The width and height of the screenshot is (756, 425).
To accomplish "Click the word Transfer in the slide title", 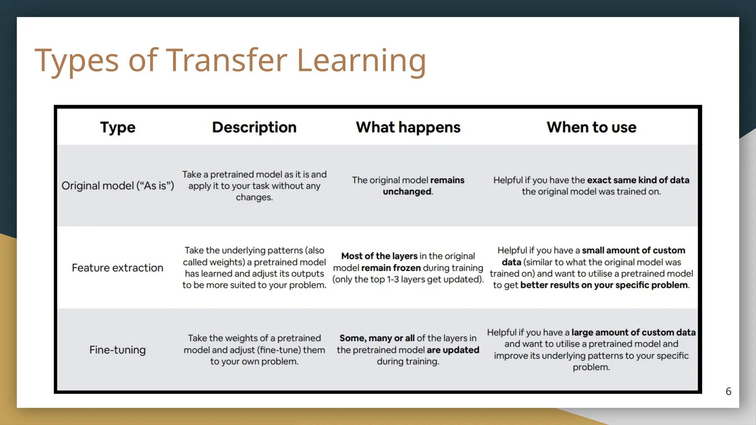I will point(227,60).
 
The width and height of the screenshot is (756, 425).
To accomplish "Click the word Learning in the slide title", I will point(361,60).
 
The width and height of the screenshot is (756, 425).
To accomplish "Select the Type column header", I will point(118,127).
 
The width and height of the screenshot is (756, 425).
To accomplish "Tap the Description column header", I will point(254,127).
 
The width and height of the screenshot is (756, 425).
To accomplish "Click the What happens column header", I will point(408,127).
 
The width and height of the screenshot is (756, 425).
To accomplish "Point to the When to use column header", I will point(591,127).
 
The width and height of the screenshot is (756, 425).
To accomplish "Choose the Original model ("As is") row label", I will point(117,186).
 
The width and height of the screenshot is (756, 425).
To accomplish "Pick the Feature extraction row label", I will point(117,268).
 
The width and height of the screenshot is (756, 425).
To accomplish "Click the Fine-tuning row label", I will point(117,350).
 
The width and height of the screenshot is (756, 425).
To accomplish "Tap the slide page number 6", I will point(728,391).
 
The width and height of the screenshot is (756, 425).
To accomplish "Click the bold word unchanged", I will point(407,192).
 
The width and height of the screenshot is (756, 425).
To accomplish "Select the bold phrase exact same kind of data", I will point(638,180).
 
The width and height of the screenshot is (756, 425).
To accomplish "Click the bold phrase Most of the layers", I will point(379,256).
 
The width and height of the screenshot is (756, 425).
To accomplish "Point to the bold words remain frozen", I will point(391,268).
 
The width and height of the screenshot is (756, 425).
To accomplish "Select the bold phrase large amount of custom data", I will point(633,332).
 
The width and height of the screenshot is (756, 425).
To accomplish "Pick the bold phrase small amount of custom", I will point(633,250).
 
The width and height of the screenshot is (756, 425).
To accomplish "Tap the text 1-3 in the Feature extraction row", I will point(393,280).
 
